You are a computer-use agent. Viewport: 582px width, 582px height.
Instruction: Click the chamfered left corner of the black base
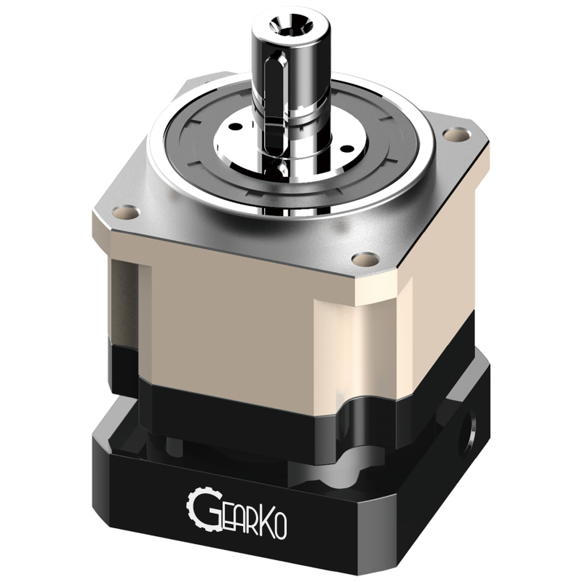pos(93,451)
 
